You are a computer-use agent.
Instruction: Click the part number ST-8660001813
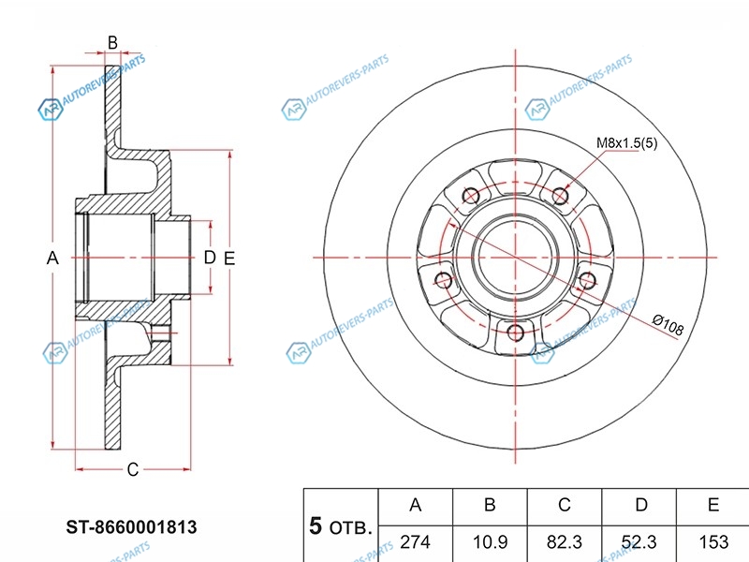coord(130,527)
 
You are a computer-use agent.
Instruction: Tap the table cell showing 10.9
coord(489,541)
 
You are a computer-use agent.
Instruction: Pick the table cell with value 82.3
coord(564,541)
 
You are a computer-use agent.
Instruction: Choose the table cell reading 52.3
coord(639,541)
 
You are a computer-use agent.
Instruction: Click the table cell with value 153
coord(712,541)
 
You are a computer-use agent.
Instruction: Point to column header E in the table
coord(712,506)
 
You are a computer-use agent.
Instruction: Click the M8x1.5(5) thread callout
coord(627,143)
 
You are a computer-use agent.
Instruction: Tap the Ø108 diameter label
coord(668,325)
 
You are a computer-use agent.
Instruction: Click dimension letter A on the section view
coord(53,258)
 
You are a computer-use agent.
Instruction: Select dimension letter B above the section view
coord(112,41)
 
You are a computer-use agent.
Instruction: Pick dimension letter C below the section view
coord(133,469)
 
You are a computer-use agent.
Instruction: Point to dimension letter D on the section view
coord(209,258)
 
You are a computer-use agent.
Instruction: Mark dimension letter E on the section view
coord(228,258)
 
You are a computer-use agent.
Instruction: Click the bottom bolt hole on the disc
coord(514,332)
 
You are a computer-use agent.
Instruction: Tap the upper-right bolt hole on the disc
coord(561,195)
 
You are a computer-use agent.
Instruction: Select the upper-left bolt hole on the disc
coord(471,195)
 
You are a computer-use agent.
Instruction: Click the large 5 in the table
coord(316,525)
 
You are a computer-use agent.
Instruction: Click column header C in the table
coord(564,506)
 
